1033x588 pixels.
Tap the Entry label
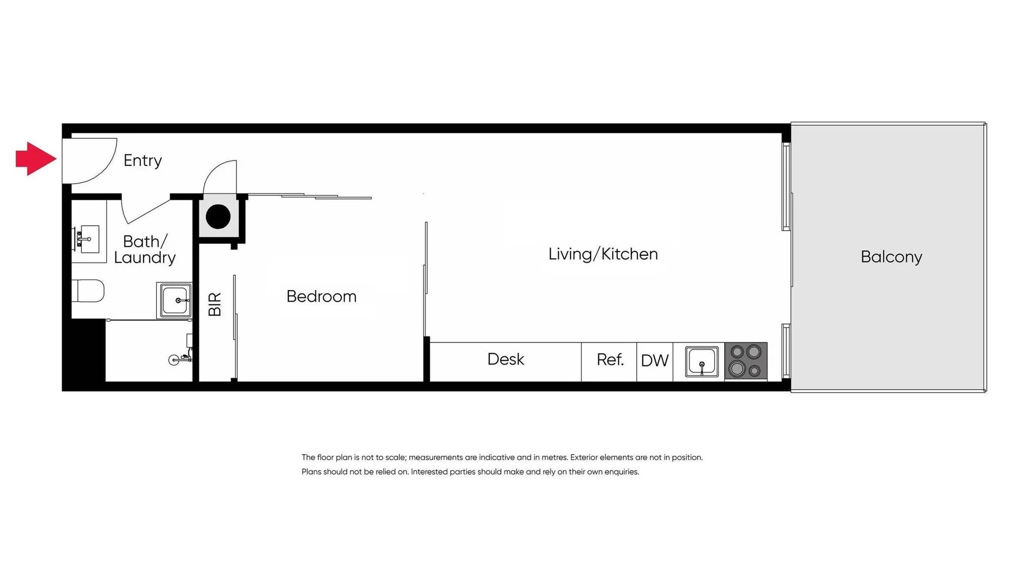[x=143, y=161]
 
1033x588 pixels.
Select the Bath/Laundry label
[x=145, y=249]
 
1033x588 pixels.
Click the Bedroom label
[x=321, y=296]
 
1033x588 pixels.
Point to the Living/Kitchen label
[x=602, y=254]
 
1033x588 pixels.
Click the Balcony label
[x=891, y=256]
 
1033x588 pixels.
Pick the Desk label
[x=505, y=359]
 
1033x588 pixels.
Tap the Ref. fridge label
[x=610, y=359]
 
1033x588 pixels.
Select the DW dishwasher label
[x=654, y=360]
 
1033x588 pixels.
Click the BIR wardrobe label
[x=215, y=304]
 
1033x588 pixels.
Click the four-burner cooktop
[x=746, y=360]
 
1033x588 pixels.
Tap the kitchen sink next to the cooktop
[x=702, y=360]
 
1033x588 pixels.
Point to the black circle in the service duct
[x=218, y=216]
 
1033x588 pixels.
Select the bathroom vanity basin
[x=87, y=239]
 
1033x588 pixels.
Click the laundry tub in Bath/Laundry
[x=174, y=300]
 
